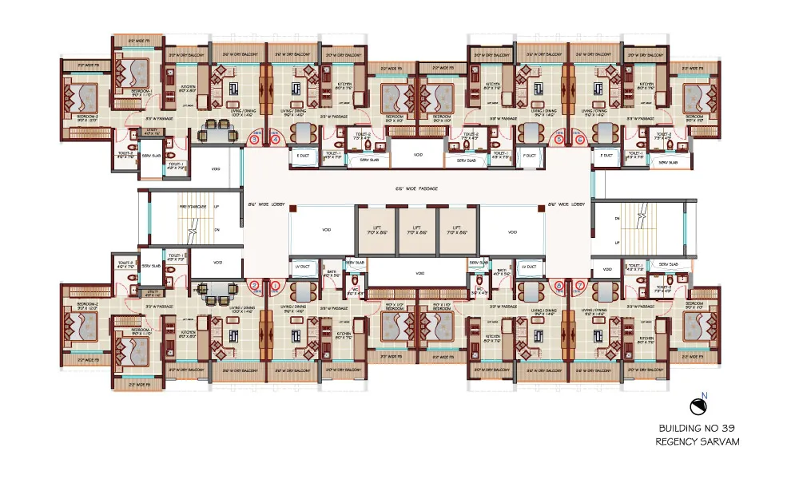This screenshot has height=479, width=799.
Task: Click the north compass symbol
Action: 701,406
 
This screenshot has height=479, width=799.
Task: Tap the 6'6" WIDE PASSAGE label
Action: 418,189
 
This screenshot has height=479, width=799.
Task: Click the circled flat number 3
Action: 255,139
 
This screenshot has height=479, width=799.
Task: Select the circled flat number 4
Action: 275,139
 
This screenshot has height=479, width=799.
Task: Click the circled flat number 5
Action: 560,139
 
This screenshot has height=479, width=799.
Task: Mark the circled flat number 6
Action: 580,139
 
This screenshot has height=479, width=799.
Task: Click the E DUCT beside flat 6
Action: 607,156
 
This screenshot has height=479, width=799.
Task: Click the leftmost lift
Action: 376,232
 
